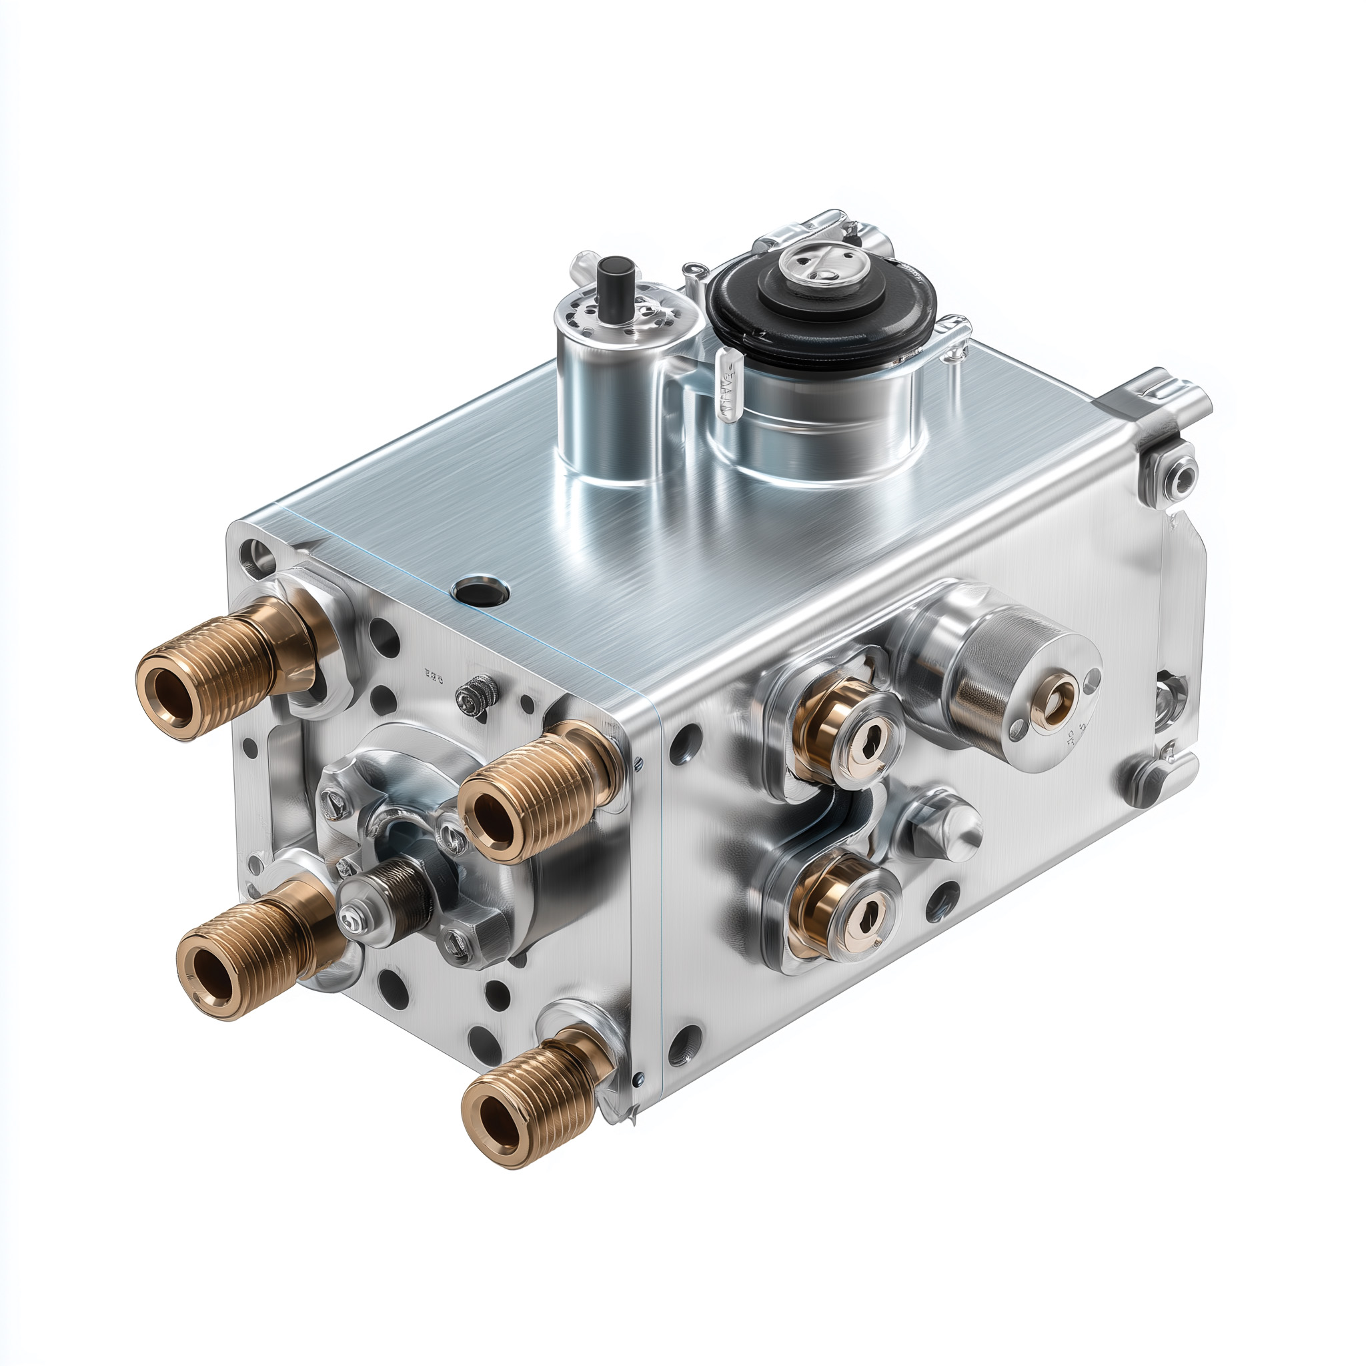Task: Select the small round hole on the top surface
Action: click(481, 588)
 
